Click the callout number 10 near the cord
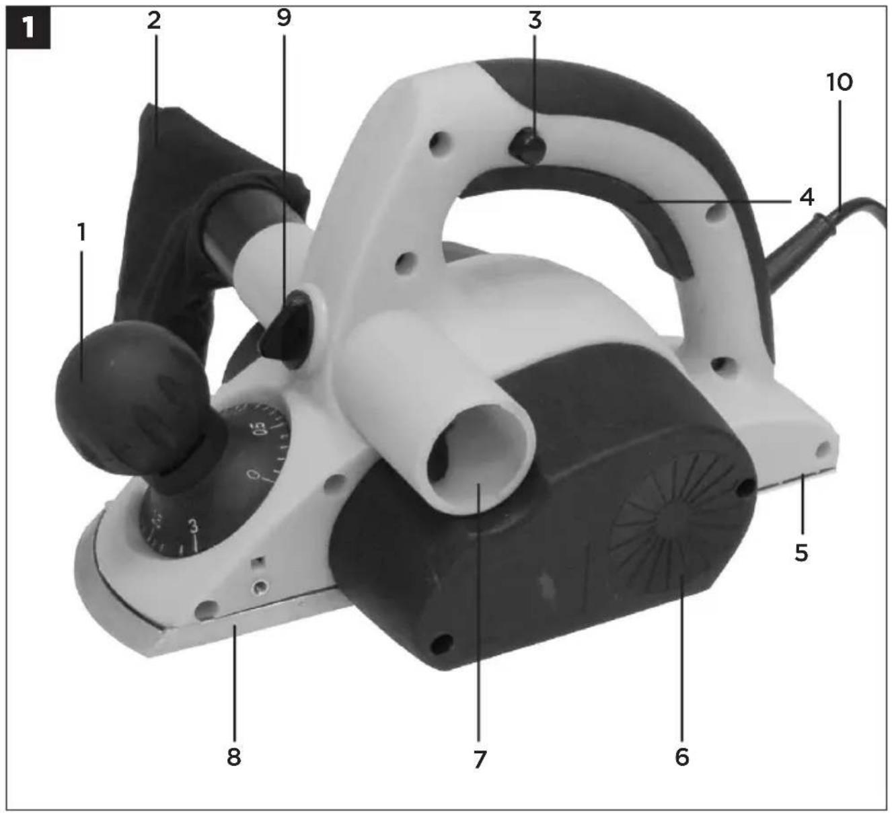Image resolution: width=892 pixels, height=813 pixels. [840, 82]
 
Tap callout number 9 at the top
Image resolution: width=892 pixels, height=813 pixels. [284, 17]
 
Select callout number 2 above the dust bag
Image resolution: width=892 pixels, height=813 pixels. [154, 20]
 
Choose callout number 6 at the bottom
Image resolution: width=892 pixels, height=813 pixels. [681, 757]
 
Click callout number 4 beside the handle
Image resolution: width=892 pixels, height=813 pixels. [807, 197]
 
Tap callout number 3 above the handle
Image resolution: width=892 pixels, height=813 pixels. [535, 20]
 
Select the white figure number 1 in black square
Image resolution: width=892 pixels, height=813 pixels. [28, 28]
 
